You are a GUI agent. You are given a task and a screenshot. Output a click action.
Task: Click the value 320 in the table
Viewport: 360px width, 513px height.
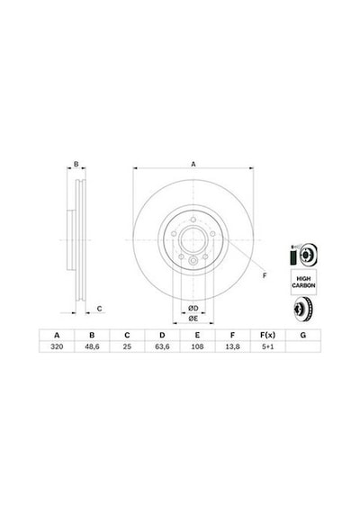[57, 346]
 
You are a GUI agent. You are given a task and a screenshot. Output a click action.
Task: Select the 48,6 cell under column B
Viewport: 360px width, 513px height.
[92, 346]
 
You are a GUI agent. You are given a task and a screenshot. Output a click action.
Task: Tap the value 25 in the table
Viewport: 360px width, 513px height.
[127, 346]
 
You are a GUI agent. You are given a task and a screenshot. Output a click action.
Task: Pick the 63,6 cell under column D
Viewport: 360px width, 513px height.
[162, 346]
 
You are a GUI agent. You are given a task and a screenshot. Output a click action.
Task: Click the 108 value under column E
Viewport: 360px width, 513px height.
[197, 346]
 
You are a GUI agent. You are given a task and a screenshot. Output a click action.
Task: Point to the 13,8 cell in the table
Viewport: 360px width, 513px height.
[232, 346]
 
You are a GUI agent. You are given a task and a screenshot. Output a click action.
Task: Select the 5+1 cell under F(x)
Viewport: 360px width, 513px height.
[267, 346]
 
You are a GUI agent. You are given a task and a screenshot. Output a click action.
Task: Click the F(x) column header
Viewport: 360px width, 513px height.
[267, 335]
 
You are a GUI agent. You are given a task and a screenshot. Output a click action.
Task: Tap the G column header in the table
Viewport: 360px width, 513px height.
[303, 335]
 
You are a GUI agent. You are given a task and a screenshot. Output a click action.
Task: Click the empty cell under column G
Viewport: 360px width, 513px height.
[303, 346]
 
